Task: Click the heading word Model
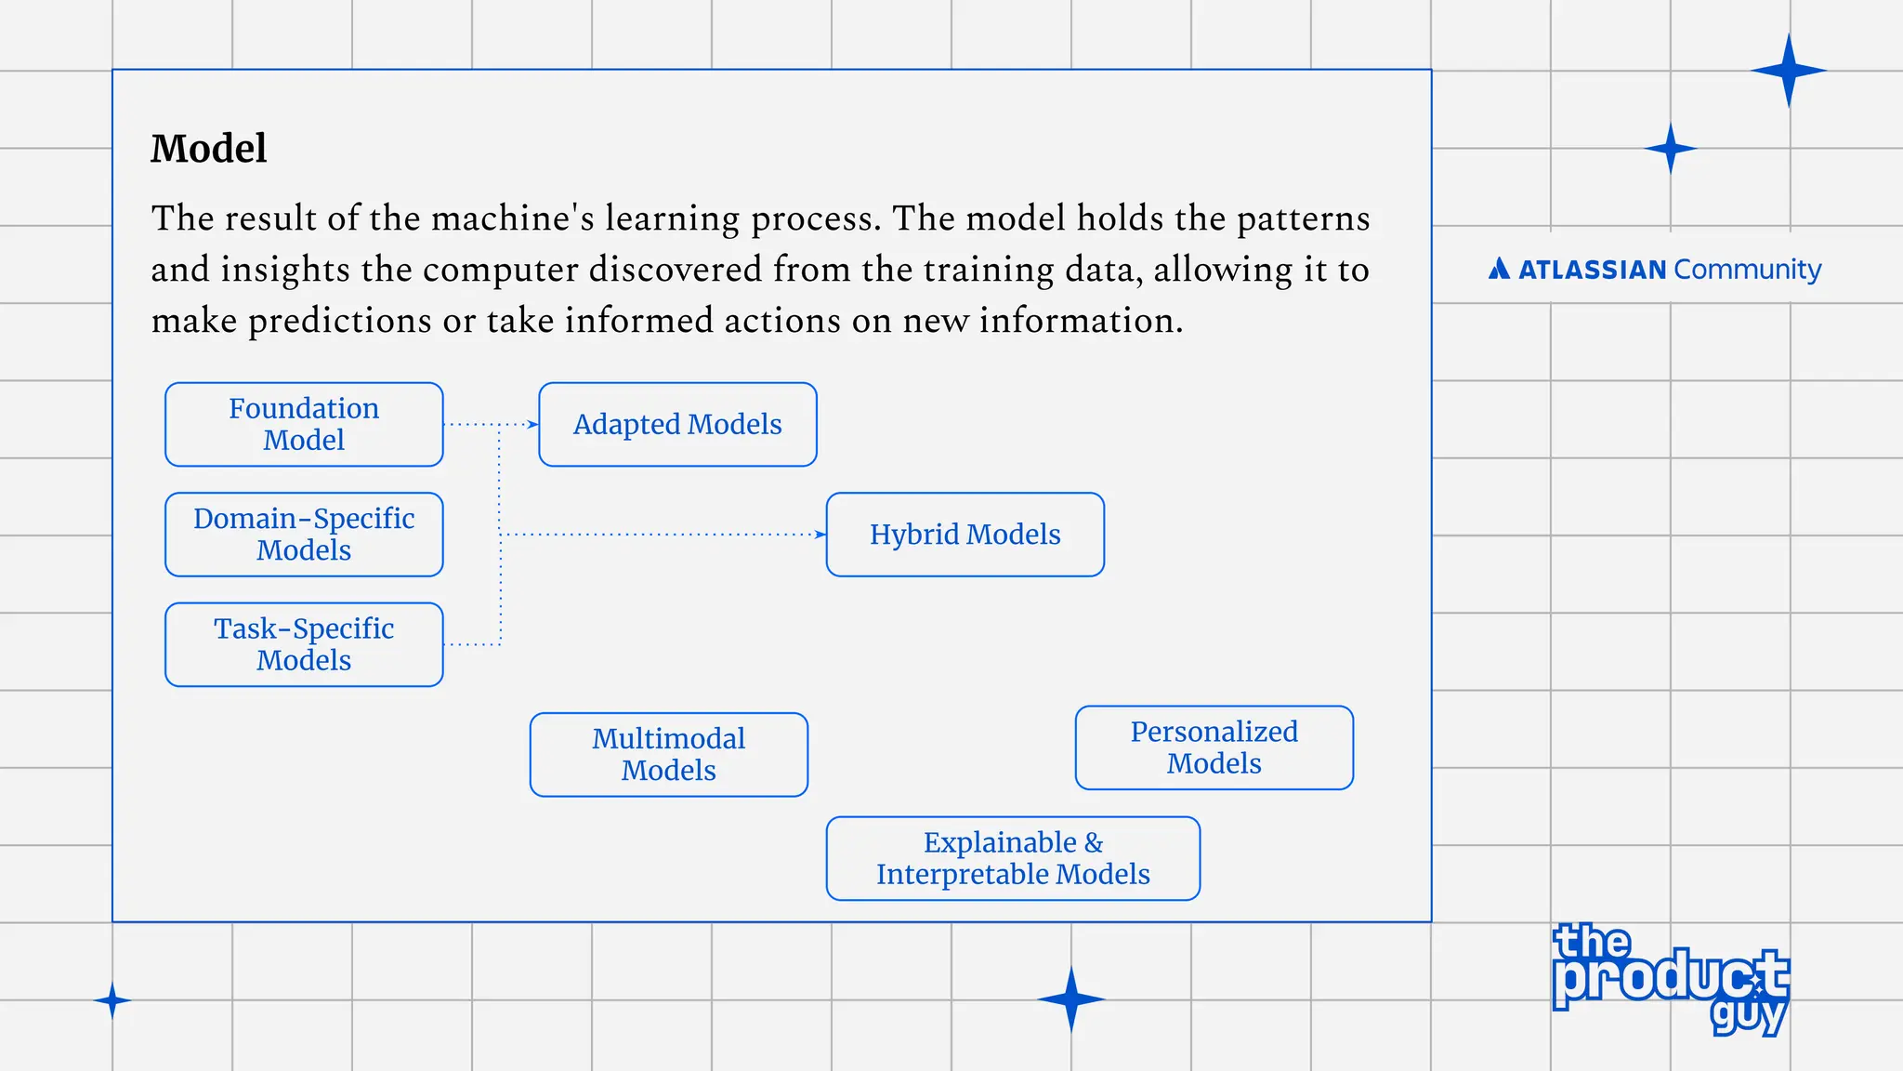pos(209,149)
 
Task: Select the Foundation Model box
pos(304,424)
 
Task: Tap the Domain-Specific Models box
pos(304,535)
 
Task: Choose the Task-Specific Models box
pos(304,644)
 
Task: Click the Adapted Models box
pos(677,424)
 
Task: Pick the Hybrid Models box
pos(965,535)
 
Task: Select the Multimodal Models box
pos(668,754)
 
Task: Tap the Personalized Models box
pos(1214,747)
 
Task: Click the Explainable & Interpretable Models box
pos(1013,858)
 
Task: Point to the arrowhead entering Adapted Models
pos(533,425)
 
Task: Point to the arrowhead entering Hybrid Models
pos(820,535)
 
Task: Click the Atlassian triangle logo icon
pos(1499,270)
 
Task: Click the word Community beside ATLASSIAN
pos(1747,270)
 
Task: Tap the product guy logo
pos(1670,979)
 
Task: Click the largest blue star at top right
pos(1789,71)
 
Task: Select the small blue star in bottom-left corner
pos(112,1001)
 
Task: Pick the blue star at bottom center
pos(1071,999)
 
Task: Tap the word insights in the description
pos(285,270)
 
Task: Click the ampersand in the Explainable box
pos(1094,842)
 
